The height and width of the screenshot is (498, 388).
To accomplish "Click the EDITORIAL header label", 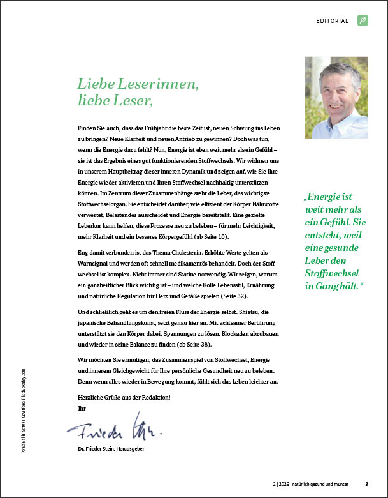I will [x=332, y=21].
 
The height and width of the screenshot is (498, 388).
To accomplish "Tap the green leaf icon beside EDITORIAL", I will [x=363, y=21].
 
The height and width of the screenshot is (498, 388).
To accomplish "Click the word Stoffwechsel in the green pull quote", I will [x=331, y=256].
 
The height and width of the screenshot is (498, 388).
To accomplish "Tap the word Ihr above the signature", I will [x=80, y=407].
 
